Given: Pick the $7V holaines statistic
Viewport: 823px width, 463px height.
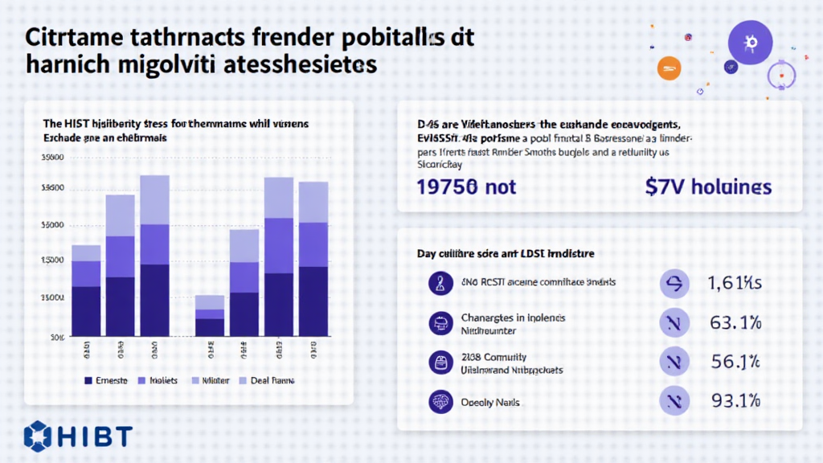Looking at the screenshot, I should pyautogui.click(x=708, y=187).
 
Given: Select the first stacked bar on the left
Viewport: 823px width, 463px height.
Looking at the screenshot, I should pyautogui.click(x=86, y=290).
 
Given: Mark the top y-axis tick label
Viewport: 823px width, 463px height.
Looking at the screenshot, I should pyautogui.click(x=52, y=158).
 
